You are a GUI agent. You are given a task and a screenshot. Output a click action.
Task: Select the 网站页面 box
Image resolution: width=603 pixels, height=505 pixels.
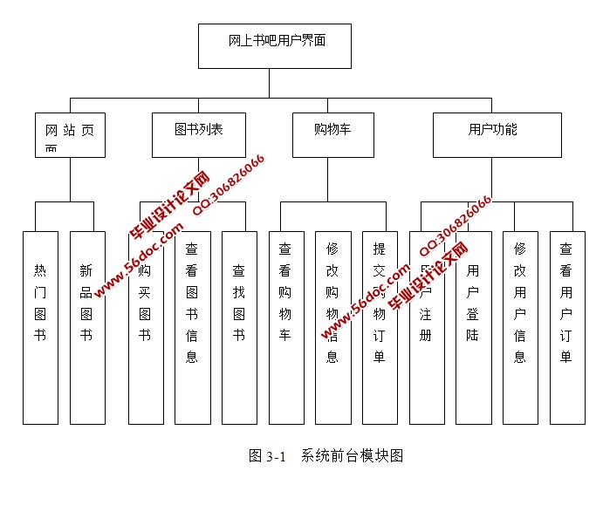tap(71, 135)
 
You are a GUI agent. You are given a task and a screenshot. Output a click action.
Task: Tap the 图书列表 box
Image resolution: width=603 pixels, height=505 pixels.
tap(199, 134)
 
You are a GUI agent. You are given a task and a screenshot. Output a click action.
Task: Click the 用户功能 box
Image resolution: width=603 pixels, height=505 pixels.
tap(497, 134)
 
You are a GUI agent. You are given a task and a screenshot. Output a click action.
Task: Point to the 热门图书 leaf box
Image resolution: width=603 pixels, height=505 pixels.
tap(40, 327)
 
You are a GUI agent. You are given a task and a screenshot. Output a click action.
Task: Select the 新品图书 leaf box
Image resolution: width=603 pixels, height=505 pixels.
tap(86, 327)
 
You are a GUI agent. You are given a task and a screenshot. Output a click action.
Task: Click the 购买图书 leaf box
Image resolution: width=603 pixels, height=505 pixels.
tap(146, 327)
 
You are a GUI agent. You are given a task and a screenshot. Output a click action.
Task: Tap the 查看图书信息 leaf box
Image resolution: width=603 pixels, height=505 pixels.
tap(192, 327)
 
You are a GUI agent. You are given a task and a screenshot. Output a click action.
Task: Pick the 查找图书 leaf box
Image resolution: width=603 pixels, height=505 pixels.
tap(239, 327)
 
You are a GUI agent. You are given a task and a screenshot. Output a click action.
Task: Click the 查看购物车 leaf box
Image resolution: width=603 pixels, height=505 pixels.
tap(286, 327)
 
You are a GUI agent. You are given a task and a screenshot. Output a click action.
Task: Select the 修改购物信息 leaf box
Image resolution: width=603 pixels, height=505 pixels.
tap(332, 327)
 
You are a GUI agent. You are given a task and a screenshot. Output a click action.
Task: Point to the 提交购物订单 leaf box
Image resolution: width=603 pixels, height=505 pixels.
tap(380, 327)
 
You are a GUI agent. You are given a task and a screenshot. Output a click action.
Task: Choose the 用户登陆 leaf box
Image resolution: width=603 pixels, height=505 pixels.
tap(473, 327)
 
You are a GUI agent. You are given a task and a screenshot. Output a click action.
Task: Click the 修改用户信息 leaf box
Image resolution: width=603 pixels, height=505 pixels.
tap(520, 327)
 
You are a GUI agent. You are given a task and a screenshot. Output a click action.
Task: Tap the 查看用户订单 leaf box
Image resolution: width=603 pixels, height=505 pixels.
tap(567, 327)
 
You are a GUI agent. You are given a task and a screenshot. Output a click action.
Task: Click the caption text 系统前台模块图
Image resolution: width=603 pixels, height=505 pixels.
tap(353, 455)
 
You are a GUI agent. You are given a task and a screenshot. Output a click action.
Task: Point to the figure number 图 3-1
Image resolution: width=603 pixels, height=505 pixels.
tap(267, 455)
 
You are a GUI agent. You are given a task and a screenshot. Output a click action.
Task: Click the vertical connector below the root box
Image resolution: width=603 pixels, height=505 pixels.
tap(269, 83)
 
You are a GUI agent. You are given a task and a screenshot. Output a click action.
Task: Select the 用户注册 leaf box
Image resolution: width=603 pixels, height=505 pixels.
tap(426, 327)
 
